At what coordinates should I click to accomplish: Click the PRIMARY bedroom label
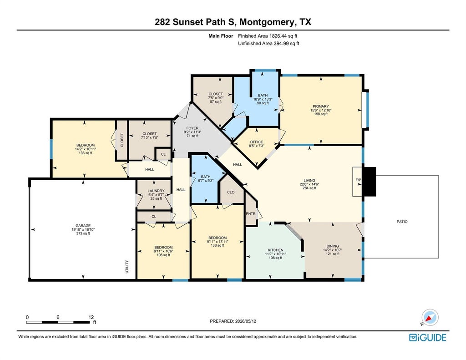(321, 106)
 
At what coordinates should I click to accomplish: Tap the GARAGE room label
(83, 226)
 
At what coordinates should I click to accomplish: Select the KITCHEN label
(275, 250)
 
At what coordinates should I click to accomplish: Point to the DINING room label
(333, 246)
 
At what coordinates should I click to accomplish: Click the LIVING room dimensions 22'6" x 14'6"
(309, 184)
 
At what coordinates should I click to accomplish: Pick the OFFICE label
(257, 142)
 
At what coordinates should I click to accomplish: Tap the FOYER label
(192, 128)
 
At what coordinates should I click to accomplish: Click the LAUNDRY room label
(156, 191)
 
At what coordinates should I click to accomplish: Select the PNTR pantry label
(251, 214)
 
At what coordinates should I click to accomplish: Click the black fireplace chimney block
(370, 182)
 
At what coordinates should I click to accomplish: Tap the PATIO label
(402, 222)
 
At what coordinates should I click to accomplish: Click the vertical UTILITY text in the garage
(127, 267)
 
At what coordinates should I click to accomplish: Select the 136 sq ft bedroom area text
(85, 153)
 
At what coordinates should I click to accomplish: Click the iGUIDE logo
(428, 337)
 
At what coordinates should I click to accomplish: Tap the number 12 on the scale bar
(91, 317)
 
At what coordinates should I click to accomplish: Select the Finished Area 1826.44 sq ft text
(268, 36)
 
